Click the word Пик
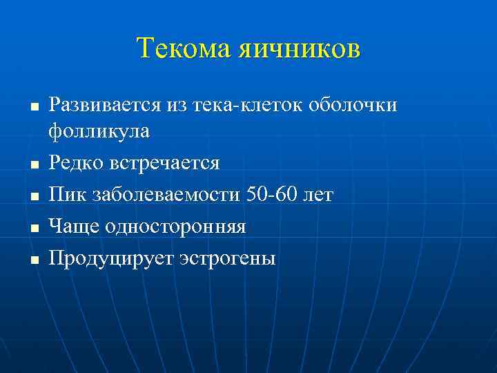pos(65,195)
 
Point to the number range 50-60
pos(273,195)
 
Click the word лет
pos(319,195)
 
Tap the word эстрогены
pos(226,258)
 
